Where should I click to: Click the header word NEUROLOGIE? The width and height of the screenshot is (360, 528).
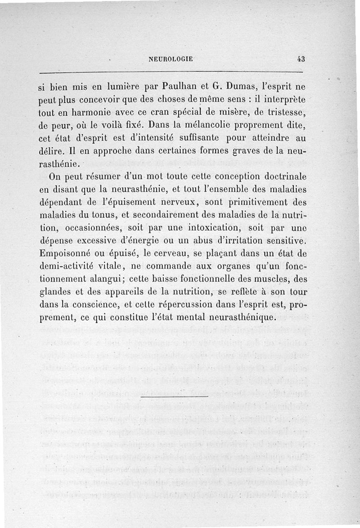(171, 59)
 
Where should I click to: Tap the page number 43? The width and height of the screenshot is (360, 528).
(301, 59)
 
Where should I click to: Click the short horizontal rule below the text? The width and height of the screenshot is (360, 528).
(174, 397)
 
